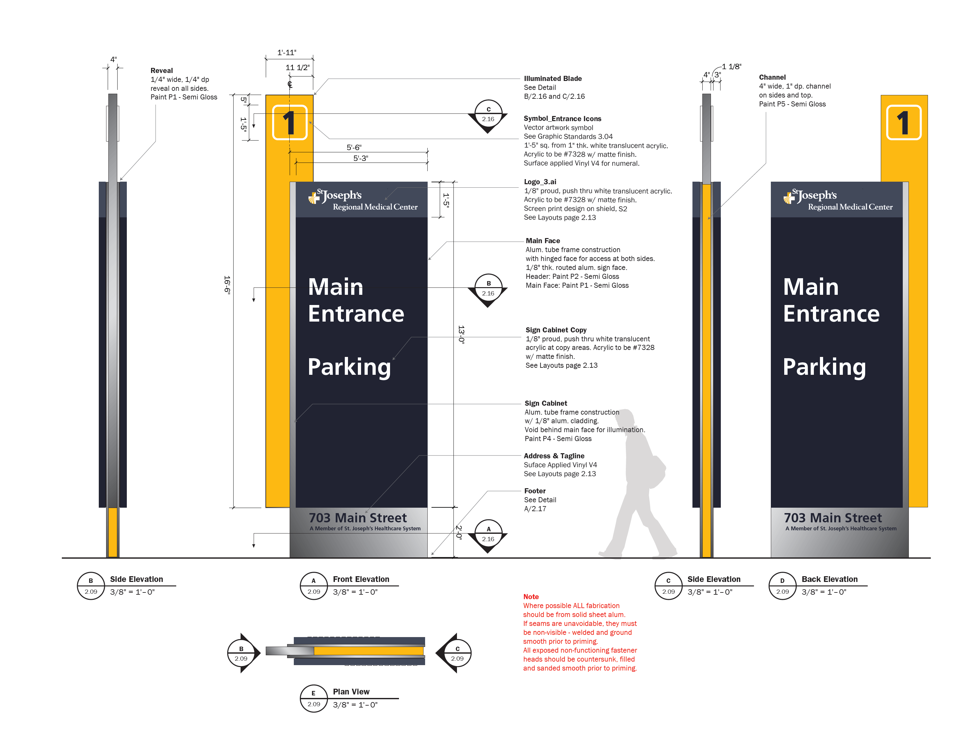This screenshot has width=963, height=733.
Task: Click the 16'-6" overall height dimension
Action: pyautogui.click(x=227, y=285)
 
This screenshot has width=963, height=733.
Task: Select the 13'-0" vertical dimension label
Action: pyautogui.click(x=461, y=335)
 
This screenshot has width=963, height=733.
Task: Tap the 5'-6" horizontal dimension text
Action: pyautogui.click(x=354, y=148)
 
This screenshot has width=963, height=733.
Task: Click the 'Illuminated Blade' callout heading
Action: pyautogui.click(x=553, y=78)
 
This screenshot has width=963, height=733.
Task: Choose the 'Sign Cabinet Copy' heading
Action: pyautogui.click(x=556, y=330)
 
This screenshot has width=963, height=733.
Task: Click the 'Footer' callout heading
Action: pyautogui.click(x=535, y=491)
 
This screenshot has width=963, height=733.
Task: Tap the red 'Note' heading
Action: pyautogui.click(x=531, y=596)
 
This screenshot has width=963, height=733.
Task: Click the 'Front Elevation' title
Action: pyautogui.click(x=361, y=579)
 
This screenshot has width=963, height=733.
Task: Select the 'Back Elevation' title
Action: pyautogui.click(x=829, y=579)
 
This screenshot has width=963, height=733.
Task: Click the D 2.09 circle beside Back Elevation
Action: pyautogui.click(x=782, y=586)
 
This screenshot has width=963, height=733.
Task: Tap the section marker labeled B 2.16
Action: pyautogui.click(x=488, y=288)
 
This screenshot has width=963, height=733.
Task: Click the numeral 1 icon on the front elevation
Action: pyautogui.click(x=290, y=123)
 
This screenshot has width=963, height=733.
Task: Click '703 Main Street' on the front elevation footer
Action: pyautogui.click(x=358, y=518)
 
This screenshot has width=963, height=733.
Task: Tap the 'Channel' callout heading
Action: pyautogui.click(x=772, y=77)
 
